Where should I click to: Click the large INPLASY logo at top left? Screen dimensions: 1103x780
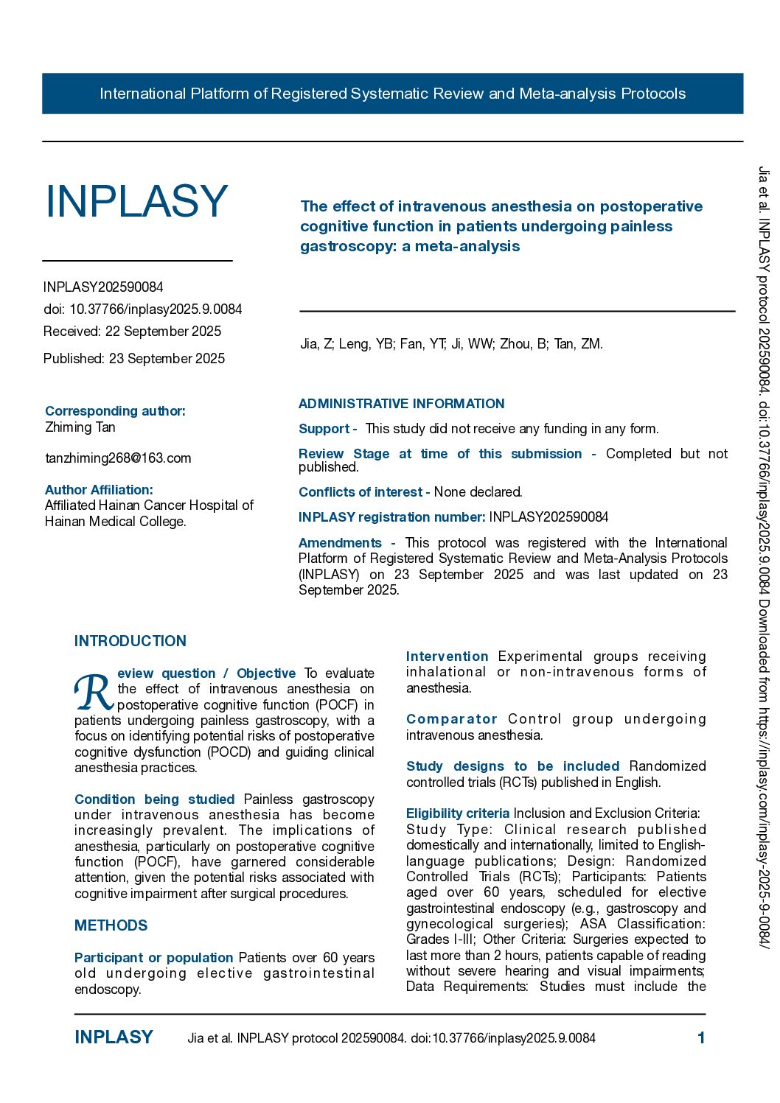(136, 201)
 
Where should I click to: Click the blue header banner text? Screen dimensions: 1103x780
(392, 94)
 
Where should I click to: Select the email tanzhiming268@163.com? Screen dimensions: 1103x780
(118, 458)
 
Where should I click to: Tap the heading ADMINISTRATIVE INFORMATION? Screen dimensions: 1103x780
(401, 404)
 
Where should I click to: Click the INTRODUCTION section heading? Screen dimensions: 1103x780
(130, 641)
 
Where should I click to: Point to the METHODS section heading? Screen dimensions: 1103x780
(111, 925)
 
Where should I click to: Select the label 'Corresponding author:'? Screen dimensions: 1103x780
(115, 411)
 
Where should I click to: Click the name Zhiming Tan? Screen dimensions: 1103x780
(80, 427)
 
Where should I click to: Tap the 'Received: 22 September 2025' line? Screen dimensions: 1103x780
(132, 332)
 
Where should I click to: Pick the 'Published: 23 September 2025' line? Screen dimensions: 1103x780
(134, 359)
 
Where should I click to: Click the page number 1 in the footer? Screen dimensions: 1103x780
(701, 1038)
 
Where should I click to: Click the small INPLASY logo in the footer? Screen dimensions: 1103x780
(114, 1037)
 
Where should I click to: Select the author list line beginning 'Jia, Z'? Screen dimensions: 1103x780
(451, 343)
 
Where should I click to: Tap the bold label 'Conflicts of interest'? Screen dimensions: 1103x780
(361, 492)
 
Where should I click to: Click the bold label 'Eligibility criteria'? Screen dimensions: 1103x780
(457, 813)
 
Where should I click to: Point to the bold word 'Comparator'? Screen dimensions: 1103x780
(451, 719)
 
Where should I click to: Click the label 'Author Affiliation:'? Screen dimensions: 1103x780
(99, 490)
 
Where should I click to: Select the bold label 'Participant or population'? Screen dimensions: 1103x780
(153, 958)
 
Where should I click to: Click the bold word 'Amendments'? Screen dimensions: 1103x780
(340, 543)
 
